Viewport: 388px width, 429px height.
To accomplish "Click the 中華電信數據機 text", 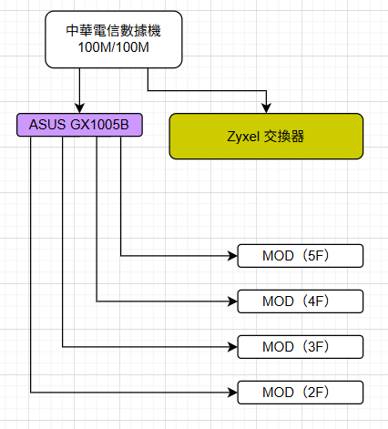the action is click(113, 31).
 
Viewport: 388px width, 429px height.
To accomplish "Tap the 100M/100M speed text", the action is click(113, 47).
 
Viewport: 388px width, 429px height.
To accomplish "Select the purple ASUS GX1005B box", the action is click(79, 125).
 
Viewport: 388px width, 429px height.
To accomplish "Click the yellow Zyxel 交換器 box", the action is click(266, 137).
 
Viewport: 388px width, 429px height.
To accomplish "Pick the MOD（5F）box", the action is click(301, 256).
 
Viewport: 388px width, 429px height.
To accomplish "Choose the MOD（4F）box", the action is click(301, 301).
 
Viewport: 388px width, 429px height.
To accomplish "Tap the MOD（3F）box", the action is click(301, 347).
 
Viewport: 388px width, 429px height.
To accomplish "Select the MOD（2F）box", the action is click(301, 393).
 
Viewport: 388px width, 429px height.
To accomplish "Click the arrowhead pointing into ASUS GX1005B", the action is click(79, 108).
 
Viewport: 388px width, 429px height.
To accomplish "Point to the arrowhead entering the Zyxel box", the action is click(266, 108).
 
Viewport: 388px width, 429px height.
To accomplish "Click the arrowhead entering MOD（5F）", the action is click(232, 256).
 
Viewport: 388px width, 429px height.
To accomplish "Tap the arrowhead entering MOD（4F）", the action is click(232, 301).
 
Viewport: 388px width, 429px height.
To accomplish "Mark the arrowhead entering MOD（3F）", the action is click(232, 347).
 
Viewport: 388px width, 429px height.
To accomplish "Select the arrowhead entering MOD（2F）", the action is click(232, 393).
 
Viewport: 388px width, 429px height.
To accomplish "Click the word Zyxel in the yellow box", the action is click(243, 137).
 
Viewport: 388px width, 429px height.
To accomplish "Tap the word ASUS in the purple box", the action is click(47, 125).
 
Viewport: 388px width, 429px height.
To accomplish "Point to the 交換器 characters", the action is click(284, 137).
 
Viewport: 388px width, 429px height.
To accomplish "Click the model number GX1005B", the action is click(100, 125).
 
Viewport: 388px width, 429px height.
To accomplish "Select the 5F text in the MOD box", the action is click(316, 256).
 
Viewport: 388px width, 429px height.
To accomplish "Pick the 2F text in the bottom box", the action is click(316, 393).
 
